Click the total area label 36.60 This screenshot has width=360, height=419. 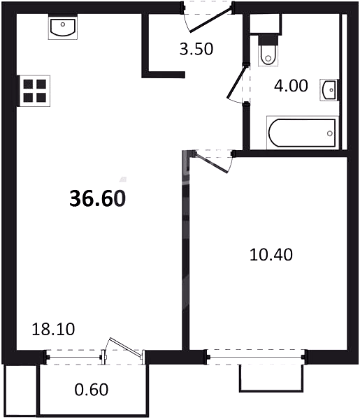pos(98,198)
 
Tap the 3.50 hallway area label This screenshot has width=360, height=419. pos(196,49)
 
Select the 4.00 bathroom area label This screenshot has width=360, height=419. pos(291,86)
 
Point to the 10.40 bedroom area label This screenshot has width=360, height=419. pos(271,254)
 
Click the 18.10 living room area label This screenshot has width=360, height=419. pos(53,329)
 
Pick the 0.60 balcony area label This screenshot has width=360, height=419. pos(92,390)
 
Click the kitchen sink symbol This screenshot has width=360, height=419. pos(63,27)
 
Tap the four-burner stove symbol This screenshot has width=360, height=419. pos(34,91)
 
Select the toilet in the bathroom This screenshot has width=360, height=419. pos(268,51)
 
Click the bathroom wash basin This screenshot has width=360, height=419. pos(329,90)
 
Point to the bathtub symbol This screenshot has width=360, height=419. pos(302,133)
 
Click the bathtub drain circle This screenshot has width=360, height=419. pos(330,133)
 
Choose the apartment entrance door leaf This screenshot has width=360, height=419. pos(210,20)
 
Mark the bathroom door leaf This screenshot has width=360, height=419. pos(236,81)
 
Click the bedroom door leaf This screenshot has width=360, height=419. pos(212,163)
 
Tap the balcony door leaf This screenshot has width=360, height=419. pos(125,346)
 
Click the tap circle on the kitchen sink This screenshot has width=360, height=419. pos(63,24)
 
